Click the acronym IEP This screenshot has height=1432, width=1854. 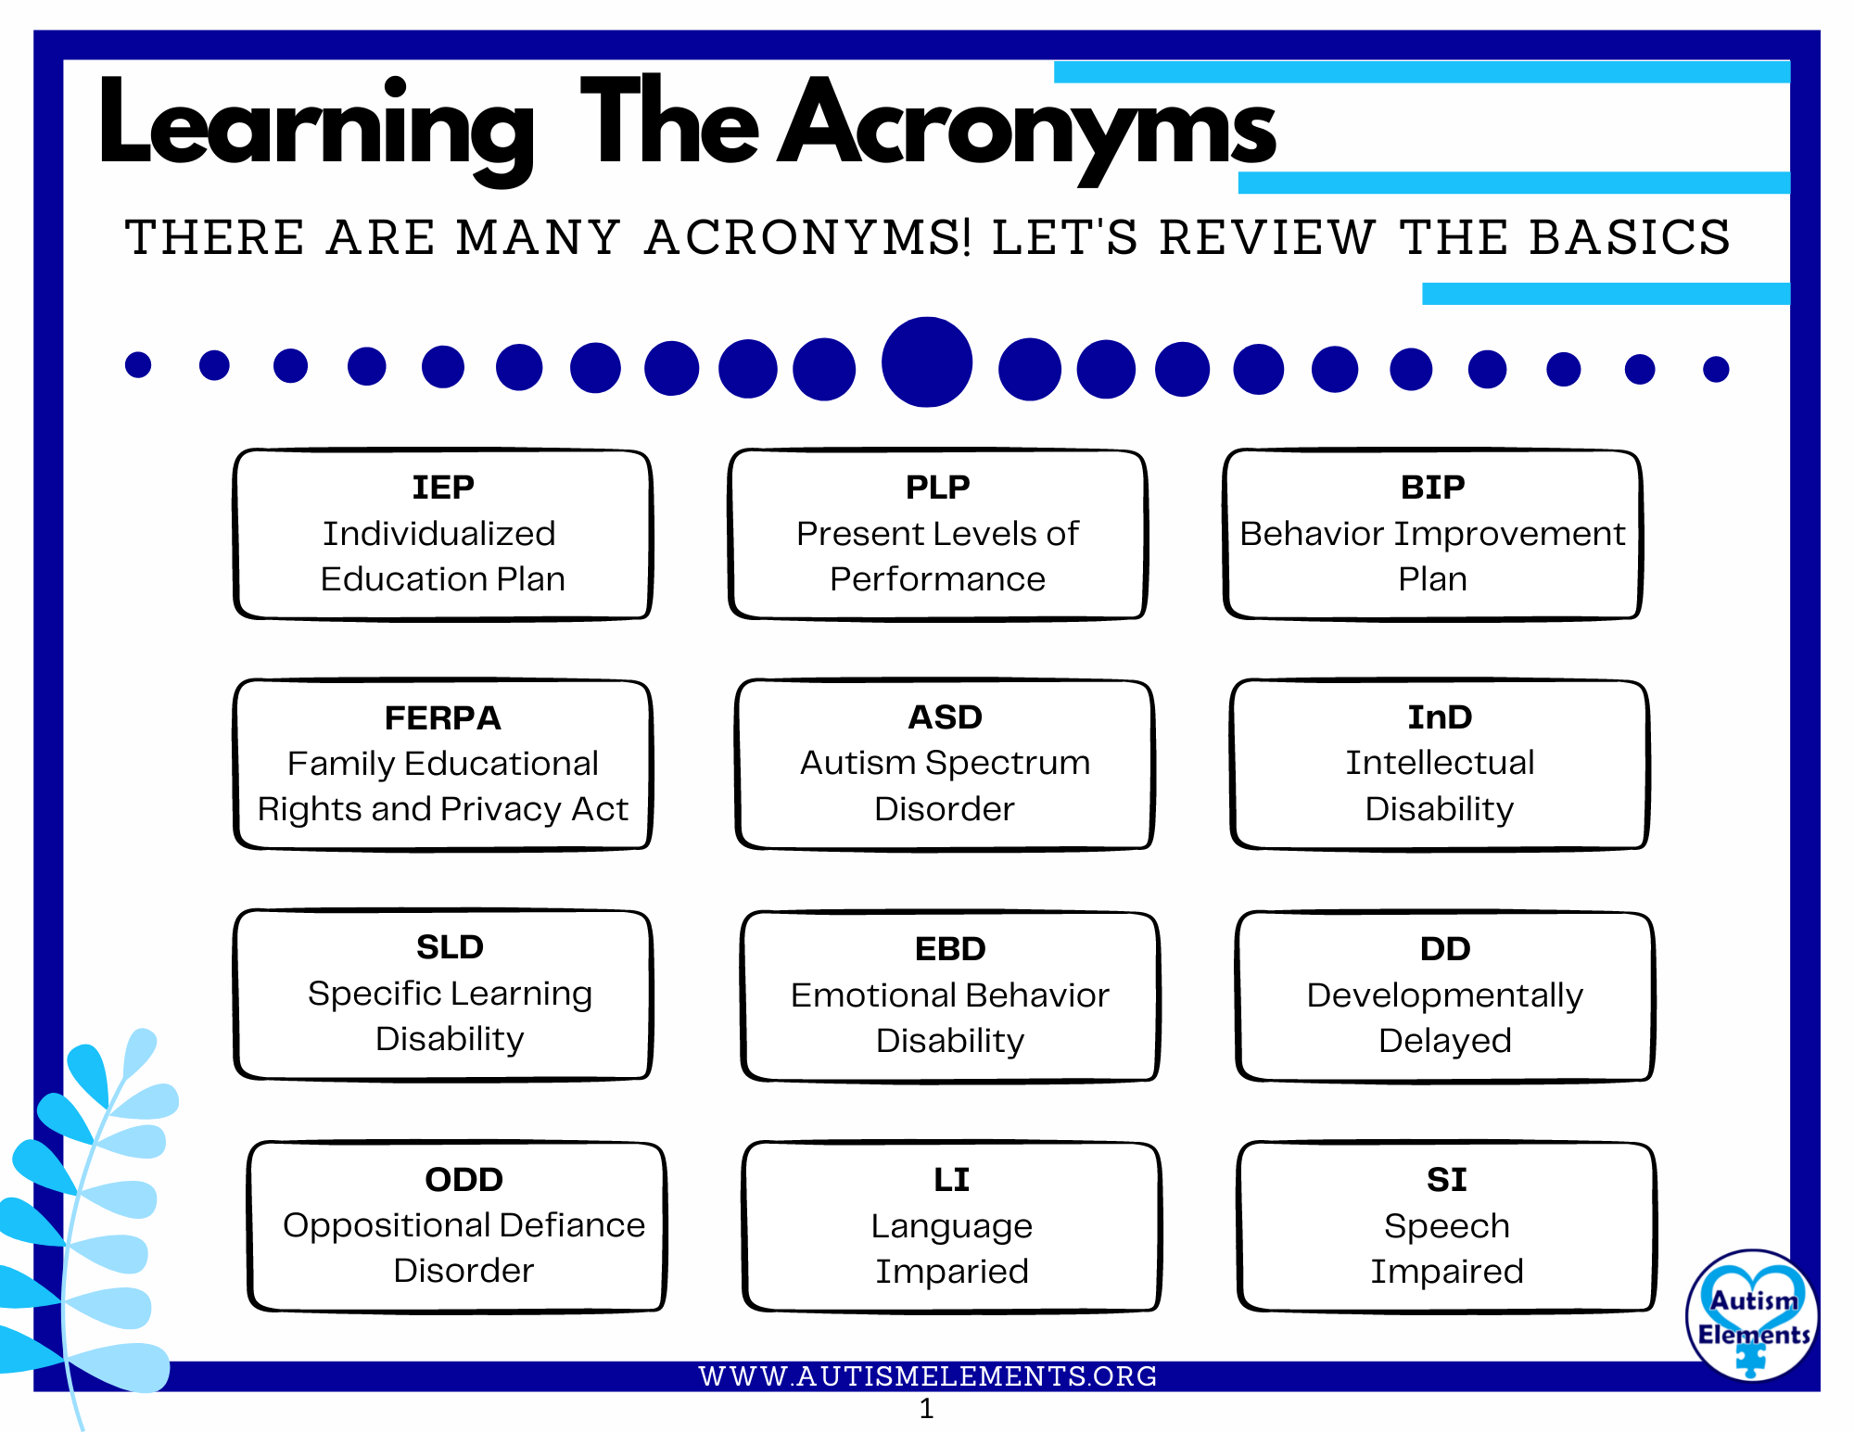point(443,487)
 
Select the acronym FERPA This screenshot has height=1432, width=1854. point(443,717)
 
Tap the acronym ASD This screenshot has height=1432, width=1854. point(945,716)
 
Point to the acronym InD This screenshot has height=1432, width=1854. point(1440,716)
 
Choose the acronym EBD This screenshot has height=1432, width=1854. point(950,948)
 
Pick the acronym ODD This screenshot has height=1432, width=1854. point(463,1179)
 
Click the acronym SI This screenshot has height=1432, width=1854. point(1446,1179)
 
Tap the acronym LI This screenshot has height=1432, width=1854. point(951,1179)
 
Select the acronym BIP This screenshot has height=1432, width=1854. point(1432,487)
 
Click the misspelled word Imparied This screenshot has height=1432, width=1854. point(952,1272)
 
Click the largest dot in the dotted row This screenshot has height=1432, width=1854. point(926,362)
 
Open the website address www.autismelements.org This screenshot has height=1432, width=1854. point(928,1376)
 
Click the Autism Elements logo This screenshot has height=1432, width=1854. point(1751,1314)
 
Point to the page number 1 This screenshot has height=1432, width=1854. point(926,1409)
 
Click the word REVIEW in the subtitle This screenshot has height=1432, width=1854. point(1268,237)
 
